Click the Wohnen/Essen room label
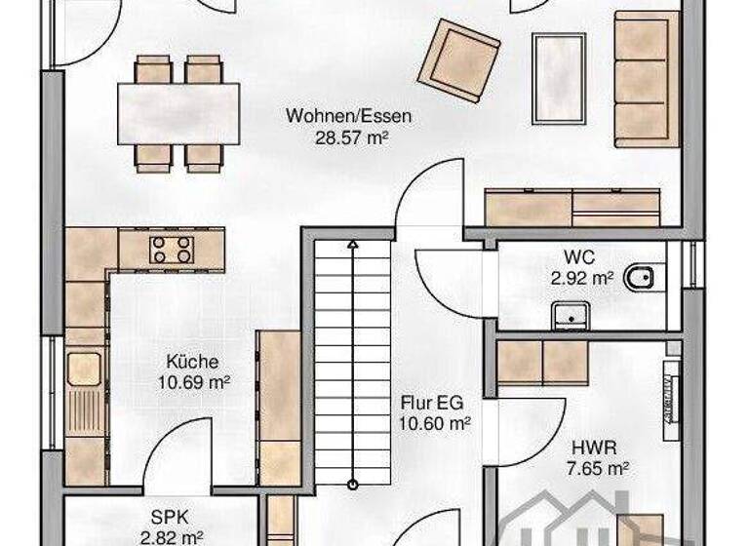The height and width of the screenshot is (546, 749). tap(348, 116)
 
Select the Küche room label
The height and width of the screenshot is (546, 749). tap(192, 361)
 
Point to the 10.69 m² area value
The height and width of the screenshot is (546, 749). tap(193, 382)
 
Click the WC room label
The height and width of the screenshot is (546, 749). tap(578, 258)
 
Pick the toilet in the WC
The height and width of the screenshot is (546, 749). tap(642, 279)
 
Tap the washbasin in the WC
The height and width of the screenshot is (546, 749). tap(571, 316)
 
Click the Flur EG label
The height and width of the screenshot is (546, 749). tap(435, 402)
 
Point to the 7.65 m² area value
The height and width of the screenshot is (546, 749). tap(598, 469)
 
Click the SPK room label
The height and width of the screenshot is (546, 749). tap(170, 517)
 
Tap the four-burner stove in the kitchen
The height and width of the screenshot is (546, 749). tap(171, 249)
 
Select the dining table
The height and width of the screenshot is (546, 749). tap(178, 113)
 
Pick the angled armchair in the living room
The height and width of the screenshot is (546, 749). tap(458, 59)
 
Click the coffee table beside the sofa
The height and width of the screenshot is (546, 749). tap(560, 78)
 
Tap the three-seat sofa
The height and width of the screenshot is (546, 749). tap(646, 78)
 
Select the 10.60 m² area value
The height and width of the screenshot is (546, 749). tap(435, 423)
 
